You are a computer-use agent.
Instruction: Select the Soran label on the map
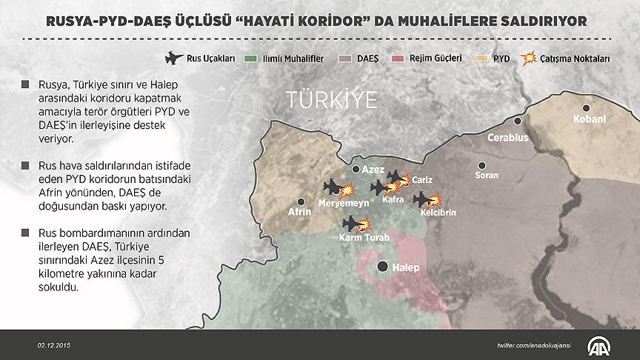486,176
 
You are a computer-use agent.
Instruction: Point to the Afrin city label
299,212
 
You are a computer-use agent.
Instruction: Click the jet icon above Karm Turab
351,222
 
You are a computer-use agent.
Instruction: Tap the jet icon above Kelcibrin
422,199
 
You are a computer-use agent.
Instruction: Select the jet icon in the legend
173,56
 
